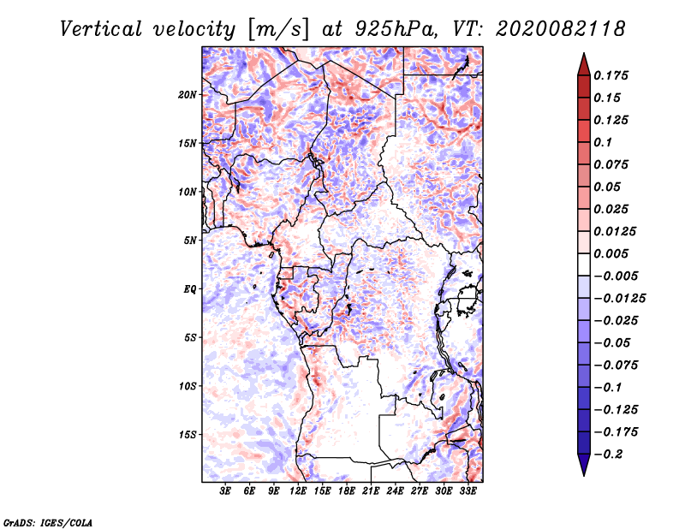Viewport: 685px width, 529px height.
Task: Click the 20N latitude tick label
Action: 188,94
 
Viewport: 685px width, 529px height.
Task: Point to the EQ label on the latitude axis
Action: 189,288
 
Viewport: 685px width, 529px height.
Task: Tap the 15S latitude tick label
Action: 188,435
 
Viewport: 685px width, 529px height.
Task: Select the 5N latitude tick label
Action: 189,241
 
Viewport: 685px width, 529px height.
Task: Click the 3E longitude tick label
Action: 225,492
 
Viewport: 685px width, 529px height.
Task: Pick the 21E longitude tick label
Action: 371,492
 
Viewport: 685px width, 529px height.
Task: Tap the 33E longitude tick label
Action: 468,492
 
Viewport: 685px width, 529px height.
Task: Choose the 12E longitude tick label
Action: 298,492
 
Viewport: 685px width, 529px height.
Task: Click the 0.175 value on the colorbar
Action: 612,75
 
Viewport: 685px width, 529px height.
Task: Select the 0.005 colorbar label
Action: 612,253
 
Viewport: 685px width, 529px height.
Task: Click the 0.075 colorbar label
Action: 612,164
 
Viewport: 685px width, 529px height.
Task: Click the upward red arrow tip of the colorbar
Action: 583,56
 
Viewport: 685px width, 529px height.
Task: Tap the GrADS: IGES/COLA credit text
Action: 47,521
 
